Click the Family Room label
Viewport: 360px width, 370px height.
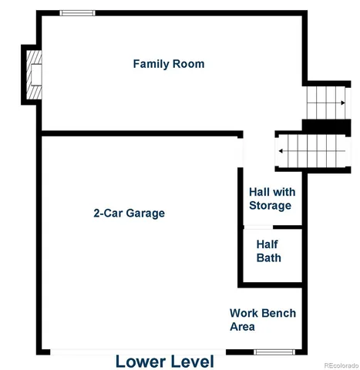(x=169, y=64)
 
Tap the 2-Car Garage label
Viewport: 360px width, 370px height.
(x=129, y=213)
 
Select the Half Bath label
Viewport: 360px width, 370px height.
(x=269, y=251)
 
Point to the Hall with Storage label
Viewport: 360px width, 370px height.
(x=270, y=199)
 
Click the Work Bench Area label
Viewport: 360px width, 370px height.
(x=262, y=320)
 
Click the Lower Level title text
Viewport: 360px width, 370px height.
(x=165, y=361)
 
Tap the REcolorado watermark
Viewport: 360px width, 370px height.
(x=339, y=365)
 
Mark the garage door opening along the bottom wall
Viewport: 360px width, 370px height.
(x=150, y=351)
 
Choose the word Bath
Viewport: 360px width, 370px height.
(x=269, y=258)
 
